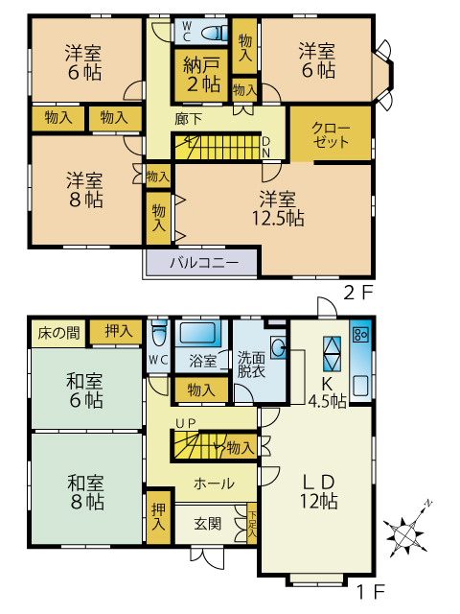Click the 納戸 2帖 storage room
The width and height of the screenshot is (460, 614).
pos(200,75)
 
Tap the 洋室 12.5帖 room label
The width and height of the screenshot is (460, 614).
pos(277,209)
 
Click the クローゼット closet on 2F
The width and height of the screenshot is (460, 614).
pos(331,133)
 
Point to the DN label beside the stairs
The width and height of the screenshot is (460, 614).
pos(265,147)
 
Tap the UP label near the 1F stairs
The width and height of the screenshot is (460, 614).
pos(185,424)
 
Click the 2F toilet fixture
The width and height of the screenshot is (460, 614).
pos(215,33)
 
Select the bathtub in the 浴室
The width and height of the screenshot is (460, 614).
pos(197,333)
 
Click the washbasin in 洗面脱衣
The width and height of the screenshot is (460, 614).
pos(279,347)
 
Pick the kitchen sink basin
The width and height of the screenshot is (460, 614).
pos(360,386)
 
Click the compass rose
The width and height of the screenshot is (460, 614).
pos(405,532)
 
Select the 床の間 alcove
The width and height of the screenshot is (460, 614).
pos(58,333)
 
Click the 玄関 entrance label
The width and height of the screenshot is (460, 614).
pos(208,524)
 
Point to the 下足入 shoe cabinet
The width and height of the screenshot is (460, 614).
pos(252,524)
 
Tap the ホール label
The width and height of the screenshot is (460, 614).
pos(214,484)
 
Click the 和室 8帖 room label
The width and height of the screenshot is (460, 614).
pos(86,492)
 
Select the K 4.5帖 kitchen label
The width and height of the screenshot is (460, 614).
pos(327,392)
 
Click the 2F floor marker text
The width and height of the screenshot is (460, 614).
pos(357,293)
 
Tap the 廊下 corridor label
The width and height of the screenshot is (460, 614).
pos(188,119)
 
